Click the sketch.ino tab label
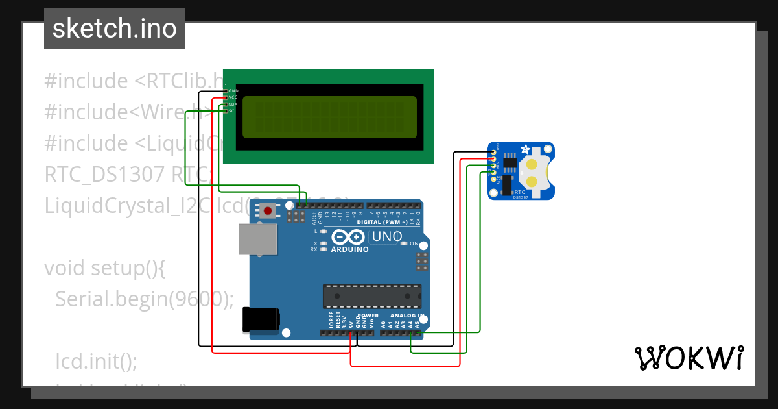tap(115, 29)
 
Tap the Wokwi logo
tap(689, 358)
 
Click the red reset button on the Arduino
tap(267, 210)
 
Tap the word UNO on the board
tap(387, 237)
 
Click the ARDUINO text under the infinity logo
tap(350, 249)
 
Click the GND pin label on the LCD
tap(233, 91)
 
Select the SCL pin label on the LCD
tap(232, 111)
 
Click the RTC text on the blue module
tap(519, 192)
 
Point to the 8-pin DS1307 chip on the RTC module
tap(510, 162)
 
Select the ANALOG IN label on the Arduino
tap(407, 316)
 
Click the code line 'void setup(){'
tap(105, 267)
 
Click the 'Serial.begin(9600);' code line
tap(144, 298)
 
